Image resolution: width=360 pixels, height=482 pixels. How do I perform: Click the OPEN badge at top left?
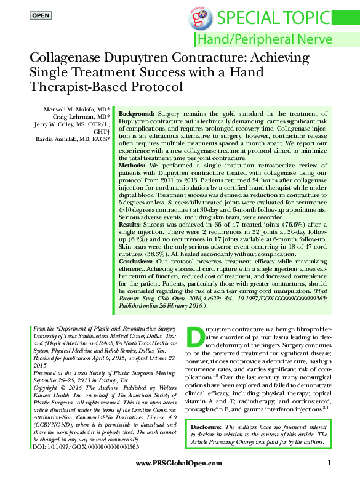pyautogui.click(x=41, y=15)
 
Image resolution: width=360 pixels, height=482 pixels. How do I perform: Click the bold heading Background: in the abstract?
pyautogui.click(x=137, y=115)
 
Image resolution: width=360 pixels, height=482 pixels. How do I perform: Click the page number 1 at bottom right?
pyautogui.click(x=330, y=463)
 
